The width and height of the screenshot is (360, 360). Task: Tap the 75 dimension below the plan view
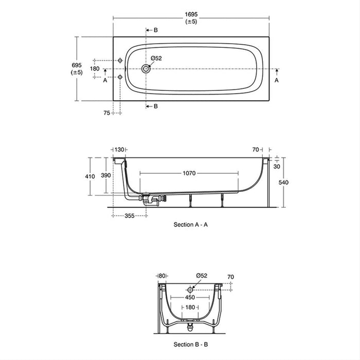click(106, 112)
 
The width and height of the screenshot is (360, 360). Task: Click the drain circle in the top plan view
click(147, 68)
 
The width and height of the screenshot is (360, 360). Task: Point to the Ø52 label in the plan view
click(156, 58)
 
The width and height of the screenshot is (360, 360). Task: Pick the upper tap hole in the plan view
click(120, 60)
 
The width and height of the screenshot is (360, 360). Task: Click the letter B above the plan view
click(156, 30)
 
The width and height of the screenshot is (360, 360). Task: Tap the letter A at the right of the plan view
click(276, 81)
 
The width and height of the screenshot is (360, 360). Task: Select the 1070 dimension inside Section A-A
click(189, 173)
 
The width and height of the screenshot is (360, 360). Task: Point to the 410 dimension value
click(90, 176)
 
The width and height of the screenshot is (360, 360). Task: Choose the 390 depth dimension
click(106, 176)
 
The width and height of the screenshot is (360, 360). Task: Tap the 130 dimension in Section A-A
click(120, 149)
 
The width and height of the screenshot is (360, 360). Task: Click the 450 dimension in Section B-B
click(191, 297)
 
